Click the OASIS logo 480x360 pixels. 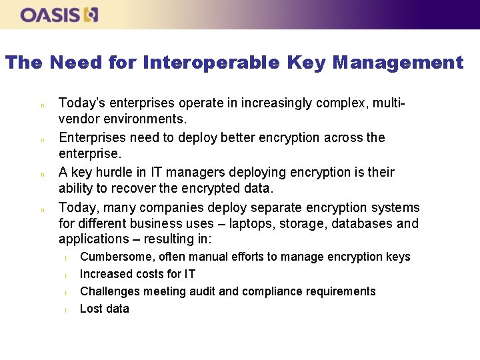click(x=59, y=15)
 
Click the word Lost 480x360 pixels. click(x=90, y=309)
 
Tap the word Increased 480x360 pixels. click(x=105, y=274)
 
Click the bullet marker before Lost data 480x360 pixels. click(x=66, y=310)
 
